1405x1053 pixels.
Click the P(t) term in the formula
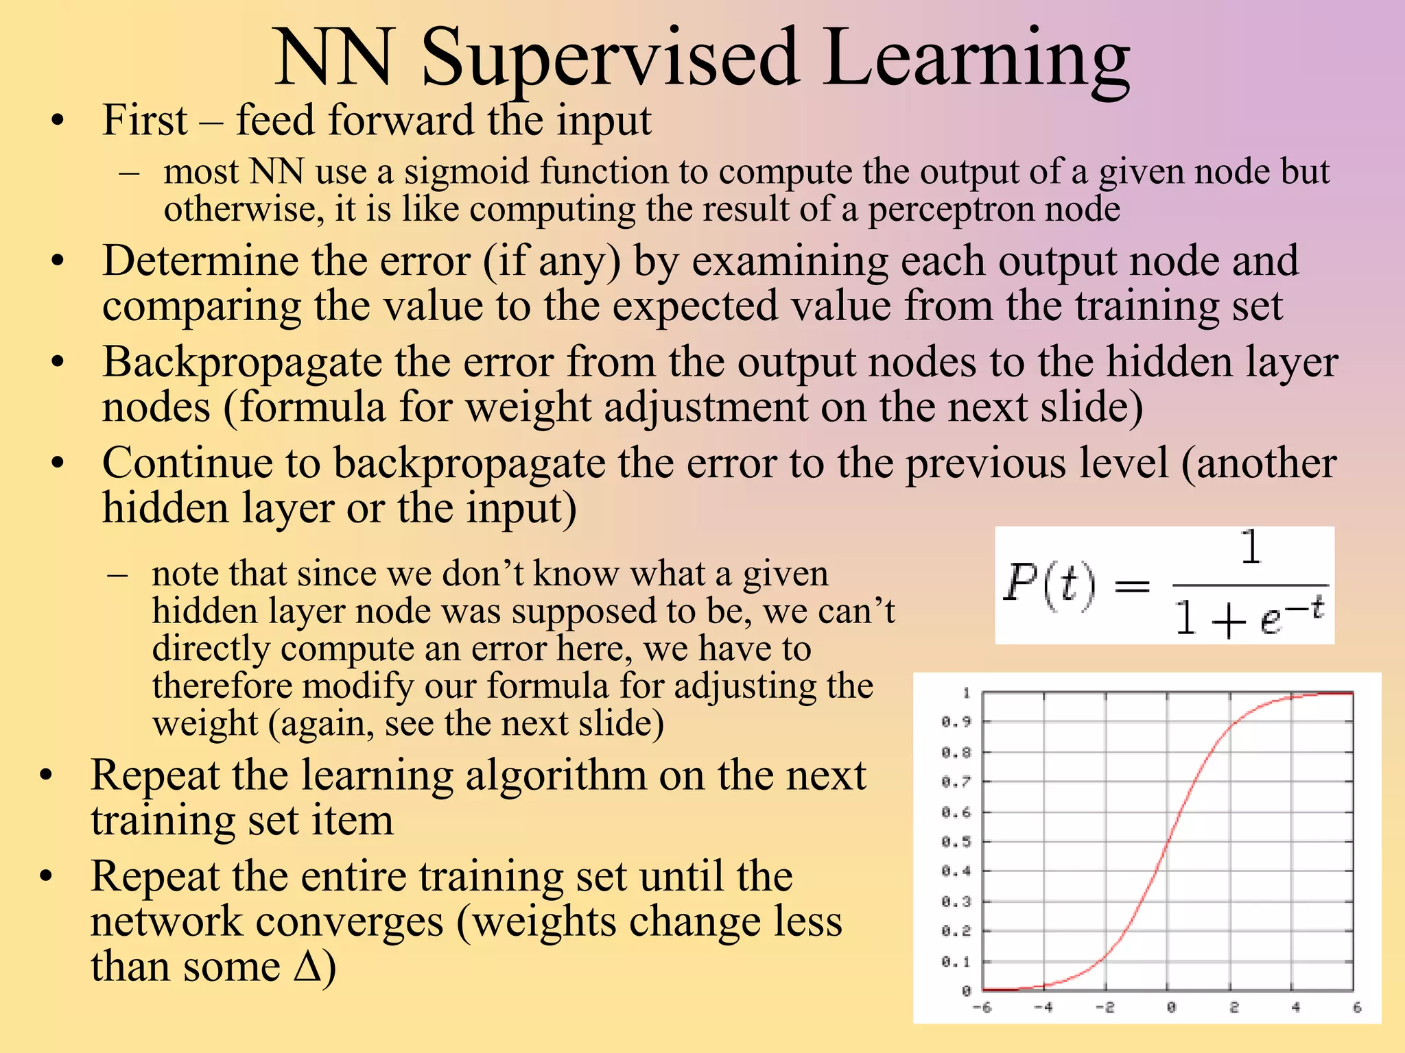tap(1049, 585)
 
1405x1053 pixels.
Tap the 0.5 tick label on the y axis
tap(956, 842)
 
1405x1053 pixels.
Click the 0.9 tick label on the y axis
tap(956, 722)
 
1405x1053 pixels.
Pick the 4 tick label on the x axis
tap(1295, 1007)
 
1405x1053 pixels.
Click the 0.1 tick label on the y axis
tap(956, 962)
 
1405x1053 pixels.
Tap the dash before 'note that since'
tap(117, 574)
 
